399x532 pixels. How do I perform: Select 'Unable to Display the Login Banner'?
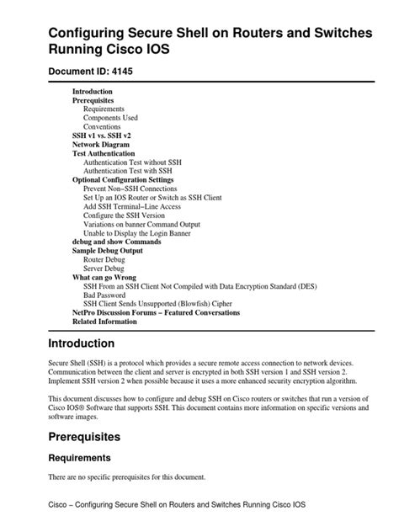pos(142,232)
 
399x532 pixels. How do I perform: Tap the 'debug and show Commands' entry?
pos(116,242)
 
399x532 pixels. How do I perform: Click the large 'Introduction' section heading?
pos(82,343)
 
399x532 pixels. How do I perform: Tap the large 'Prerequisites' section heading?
pos(84,437)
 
